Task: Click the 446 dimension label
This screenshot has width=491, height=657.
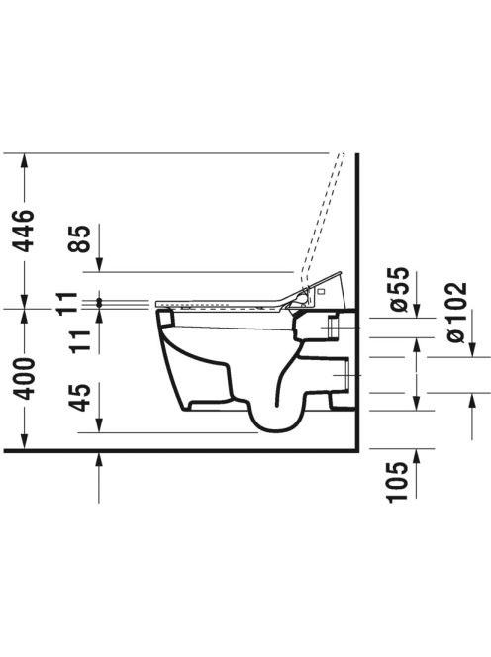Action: pyautogui.click(x=23, y=231)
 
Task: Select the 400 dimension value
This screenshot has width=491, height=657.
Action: pyautogui.click(x=23, y=378)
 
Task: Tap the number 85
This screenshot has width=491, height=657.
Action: pyautogui.click(x=79, y=238)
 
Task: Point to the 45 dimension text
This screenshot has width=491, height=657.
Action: pyautogui.click(x=79, y=397)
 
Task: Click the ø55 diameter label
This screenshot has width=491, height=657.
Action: pyautogui.click(x=398, y=289)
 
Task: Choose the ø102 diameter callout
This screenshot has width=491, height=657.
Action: pyautogui.click(x=457, y=312)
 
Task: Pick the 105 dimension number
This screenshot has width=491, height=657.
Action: pyautogui.click(x=397, y=482)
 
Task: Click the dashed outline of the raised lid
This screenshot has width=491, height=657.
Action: pyautogui.click(x=323, y=218)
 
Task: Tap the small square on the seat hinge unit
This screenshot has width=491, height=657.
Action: pyautogui.click(x=322, y=291)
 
